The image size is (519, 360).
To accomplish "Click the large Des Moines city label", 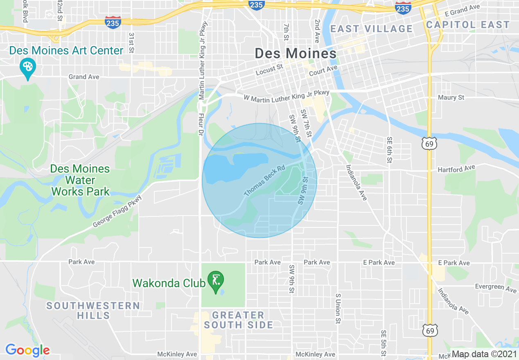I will point(296,53).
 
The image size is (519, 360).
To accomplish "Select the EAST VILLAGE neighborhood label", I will point(372,29).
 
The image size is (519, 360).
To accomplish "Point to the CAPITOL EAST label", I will point(468,25).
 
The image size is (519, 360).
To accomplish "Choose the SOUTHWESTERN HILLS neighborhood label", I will point(93,310).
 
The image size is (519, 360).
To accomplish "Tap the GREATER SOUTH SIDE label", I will point(238,320).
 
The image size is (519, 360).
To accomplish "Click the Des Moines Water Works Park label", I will point(80,180).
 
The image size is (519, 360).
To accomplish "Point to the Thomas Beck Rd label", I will point(264,180).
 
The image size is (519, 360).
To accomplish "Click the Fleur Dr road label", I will point(201,123).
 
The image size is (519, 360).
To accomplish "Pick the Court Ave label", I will point(323,71).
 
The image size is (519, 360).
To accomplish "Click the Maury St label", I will point(451,97).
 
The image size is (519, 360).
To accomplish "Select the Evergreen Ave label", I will point(496,288).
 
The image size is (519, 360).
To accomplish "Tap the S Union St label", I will point(338,309).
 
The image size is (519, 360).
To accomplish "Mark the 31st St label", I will point(131,43).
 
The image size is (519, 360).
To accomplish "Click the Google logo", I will point(27,350).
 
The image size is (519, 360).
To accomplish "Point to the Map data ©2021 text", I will point(483,354).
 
